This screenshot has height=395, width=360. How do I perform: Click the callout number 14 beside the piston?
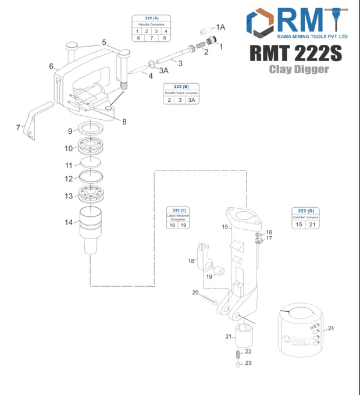69,222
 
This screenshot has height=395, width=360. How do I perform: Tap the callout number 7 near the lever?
18,127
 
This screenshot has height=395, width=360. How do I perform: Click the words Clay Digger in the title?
298,69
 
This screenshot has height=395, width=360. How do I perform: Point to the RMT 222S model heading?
296,53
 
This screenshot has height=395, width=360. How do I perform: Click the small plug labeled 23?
238,365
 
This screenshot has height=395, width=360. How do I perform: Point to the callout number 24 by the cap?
331,328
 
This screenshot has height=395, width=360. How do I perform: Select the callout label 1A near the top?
220,27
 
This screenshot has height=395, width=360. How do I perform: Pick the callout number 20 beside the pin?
195,292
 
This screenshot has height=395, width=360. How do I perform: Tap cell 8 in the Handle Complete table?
165,38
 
